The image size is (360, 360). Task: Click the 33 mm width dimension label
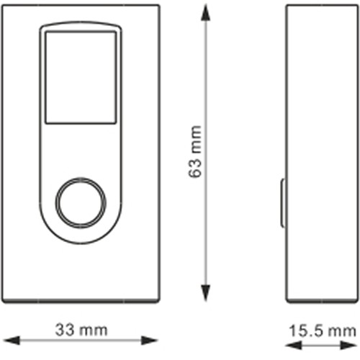tap(81, 330)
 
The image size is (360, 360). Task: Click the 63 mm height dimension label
tap(194, 152)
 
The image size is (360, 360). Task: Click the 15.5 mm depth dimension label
tap(323, 331)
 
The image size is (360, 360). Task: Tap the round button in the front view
tap(81, 203)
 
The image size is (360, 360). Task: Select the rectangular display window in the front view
tap(81, 77)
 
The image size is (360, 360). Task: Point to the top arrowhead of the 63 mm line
tap(205, 13)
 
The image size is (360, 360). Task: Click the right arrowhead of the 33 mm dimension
tap(149, 341)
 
